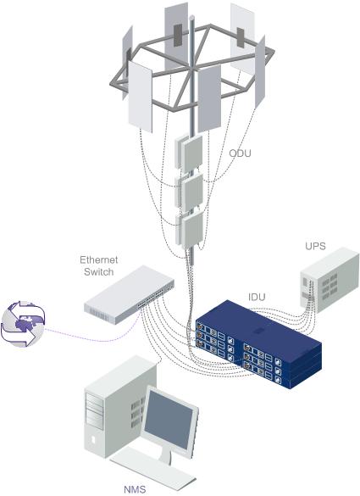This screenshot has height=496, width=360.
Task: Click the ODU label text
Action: pos(240,153)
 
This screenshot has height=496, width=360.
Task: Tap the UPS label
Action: pos(315,246)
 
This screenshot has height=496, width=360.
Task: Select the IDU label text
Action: pos(257,297)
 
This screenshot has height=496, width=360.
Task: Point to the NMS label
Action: pos(135,489)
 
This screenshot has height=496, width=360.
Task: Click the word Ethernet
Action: pos(98,260)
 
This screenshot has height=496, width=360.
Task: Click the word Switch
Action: pos(98,271)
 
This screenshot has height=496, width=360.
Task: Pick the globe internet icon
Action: pos(23,324)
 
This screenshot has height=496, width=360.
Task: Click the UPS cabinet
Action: pos(329,280)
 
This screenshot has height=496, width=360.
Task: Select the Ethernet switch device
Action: pos(129,294)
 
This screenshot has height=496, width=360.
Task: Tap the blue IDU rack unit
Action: pos(258,344)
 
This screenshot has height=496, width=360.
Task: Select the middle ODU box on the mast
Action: pos(189,191)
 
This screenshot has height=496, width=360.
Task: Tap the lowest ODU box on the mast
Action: pos(190,229)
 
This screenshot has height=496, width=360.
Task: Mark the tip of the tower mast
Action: pos(191,17)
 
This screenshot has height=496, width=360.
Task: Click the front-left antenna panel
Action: pos(140,97)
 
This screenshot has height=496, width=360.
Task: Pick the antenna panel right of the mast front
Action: pos(209,98)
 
